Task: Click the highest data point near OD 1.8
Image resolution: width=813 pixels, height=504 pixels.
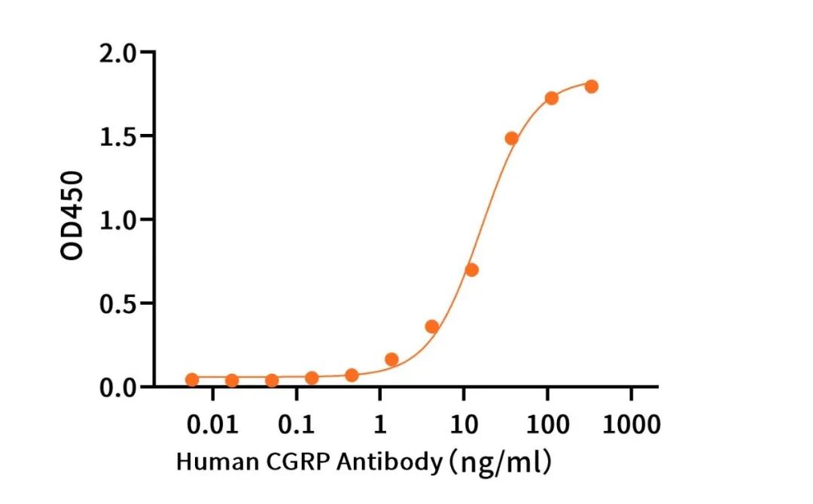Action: pos(591,87)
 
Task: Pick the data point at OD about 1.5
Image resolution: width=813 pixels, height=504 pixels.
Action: pos(512,138)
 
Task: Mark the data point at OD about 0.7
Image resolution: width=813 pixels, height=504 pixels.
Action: pos(472,269)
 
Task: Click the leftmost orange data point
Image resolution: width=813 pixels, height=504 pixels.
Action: pos(192,379)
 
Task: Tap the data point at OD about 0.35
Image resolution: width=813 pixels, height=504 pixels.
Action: pos(432,326)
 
